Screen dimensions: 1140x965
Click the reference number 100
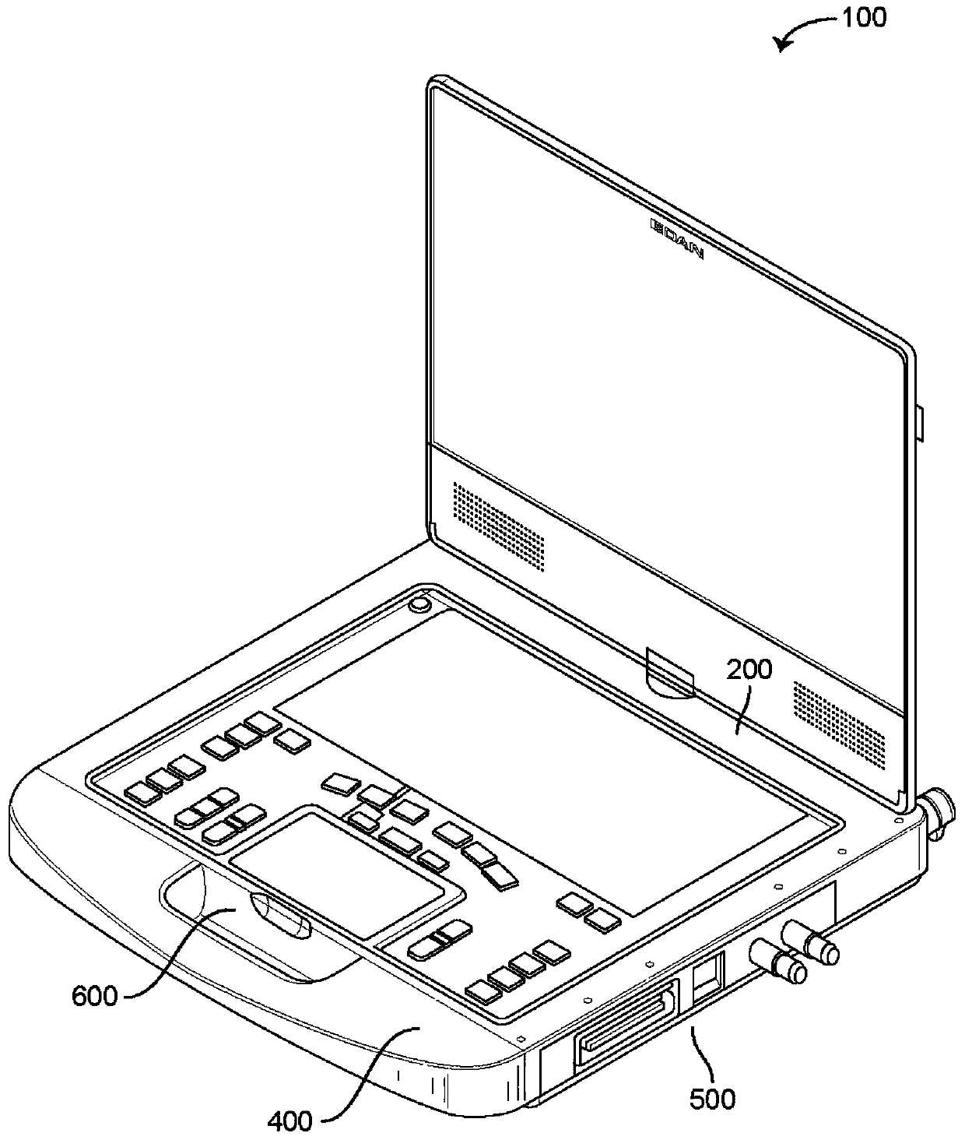(861, 17)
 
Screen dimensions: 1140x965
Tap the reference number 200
(749, 669)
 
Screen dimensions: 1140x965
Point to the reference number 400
(290, 1121)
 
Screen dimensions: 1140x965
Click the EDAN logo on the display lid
(676, 238)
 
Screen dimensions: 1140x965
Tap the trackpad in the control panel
(346, 875)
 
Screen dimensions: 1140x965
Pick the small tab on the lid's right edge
(920, 420)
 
